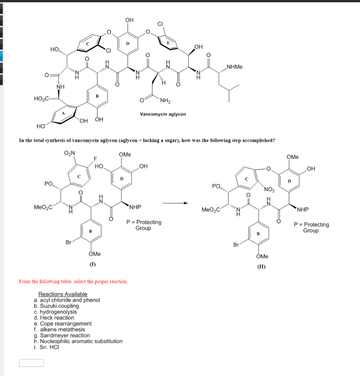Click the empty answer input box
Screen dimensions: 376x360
click(31, 363)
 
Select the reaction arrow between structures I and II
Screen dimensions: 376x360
click(175, 203)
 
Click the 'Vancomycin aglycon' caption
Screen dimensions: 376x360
click(163, 114)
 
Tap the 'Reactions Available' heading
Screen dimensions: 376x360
click(63, 294)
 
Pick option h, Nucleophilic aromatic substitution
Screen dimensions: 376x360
click(78, 341)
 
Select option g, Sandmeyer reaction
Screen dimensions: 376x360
click(62, 335)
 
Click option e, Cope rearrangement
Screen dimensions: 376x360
click(63, 323)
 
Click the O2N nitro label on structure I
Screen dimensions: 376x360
click(69, 153)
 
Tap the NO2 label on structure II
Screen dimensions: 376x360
click(269, 190)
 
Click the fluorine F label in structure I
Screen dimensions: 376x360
click(95, 159)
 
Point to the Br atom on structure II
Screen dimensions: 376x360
click(236, 245)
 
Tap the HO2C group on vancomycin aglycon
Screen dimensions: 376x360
click(41, 98)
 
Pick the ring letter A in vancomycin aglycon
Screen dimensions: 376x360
click(63, 113)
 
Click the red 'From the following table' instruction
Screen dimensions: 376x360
click(73, 282)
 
